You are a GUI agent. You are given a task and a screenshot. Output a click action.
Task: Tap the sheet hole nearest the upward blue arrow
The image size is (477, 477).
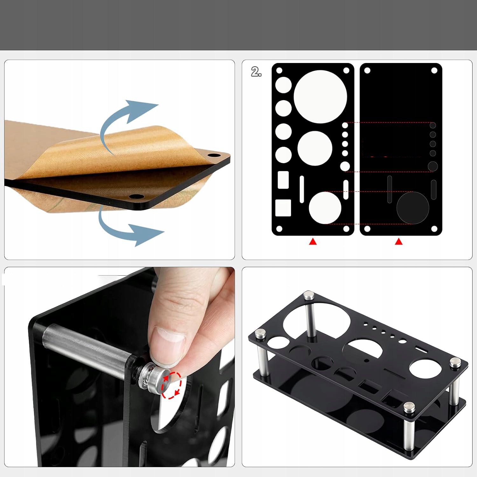tap(214, 156)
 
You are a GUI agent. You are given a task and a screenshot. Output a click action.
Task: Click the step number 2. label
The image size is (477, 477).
tap(256, 72)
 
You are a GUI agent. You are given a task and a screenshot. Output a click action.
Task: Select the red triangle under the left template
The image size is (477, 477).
tap(313, 242)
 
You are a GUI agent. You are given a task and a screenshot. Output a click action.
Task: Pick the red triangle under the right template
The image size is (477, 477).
tap(399, 242)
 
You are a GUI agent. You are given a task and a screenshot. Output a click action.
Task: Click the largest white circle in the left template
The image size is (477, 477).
tap(320, 97)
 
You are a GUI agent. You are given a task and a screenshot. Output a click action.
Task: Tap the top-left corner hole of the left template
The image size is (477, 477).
tap(279, 70)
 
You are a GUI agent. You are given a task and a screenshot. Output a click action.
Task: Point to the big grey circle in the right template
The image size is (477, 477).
tap(413, 208)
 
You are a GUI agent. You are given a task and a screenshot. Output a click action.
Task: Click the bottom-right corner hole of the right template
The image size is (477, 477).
tap(434, 229)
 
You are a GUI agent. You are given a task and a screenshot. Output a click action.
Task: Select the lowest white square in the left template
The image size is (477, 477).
tap(283, 208)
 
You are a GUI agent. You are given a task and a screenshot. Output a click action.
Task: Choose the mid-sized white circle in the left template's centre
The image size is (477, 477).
tap(315, 148)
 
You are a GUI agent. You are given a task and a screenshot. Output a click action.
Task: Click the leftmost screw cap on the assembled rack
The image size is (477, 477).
tap(260, 334)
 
